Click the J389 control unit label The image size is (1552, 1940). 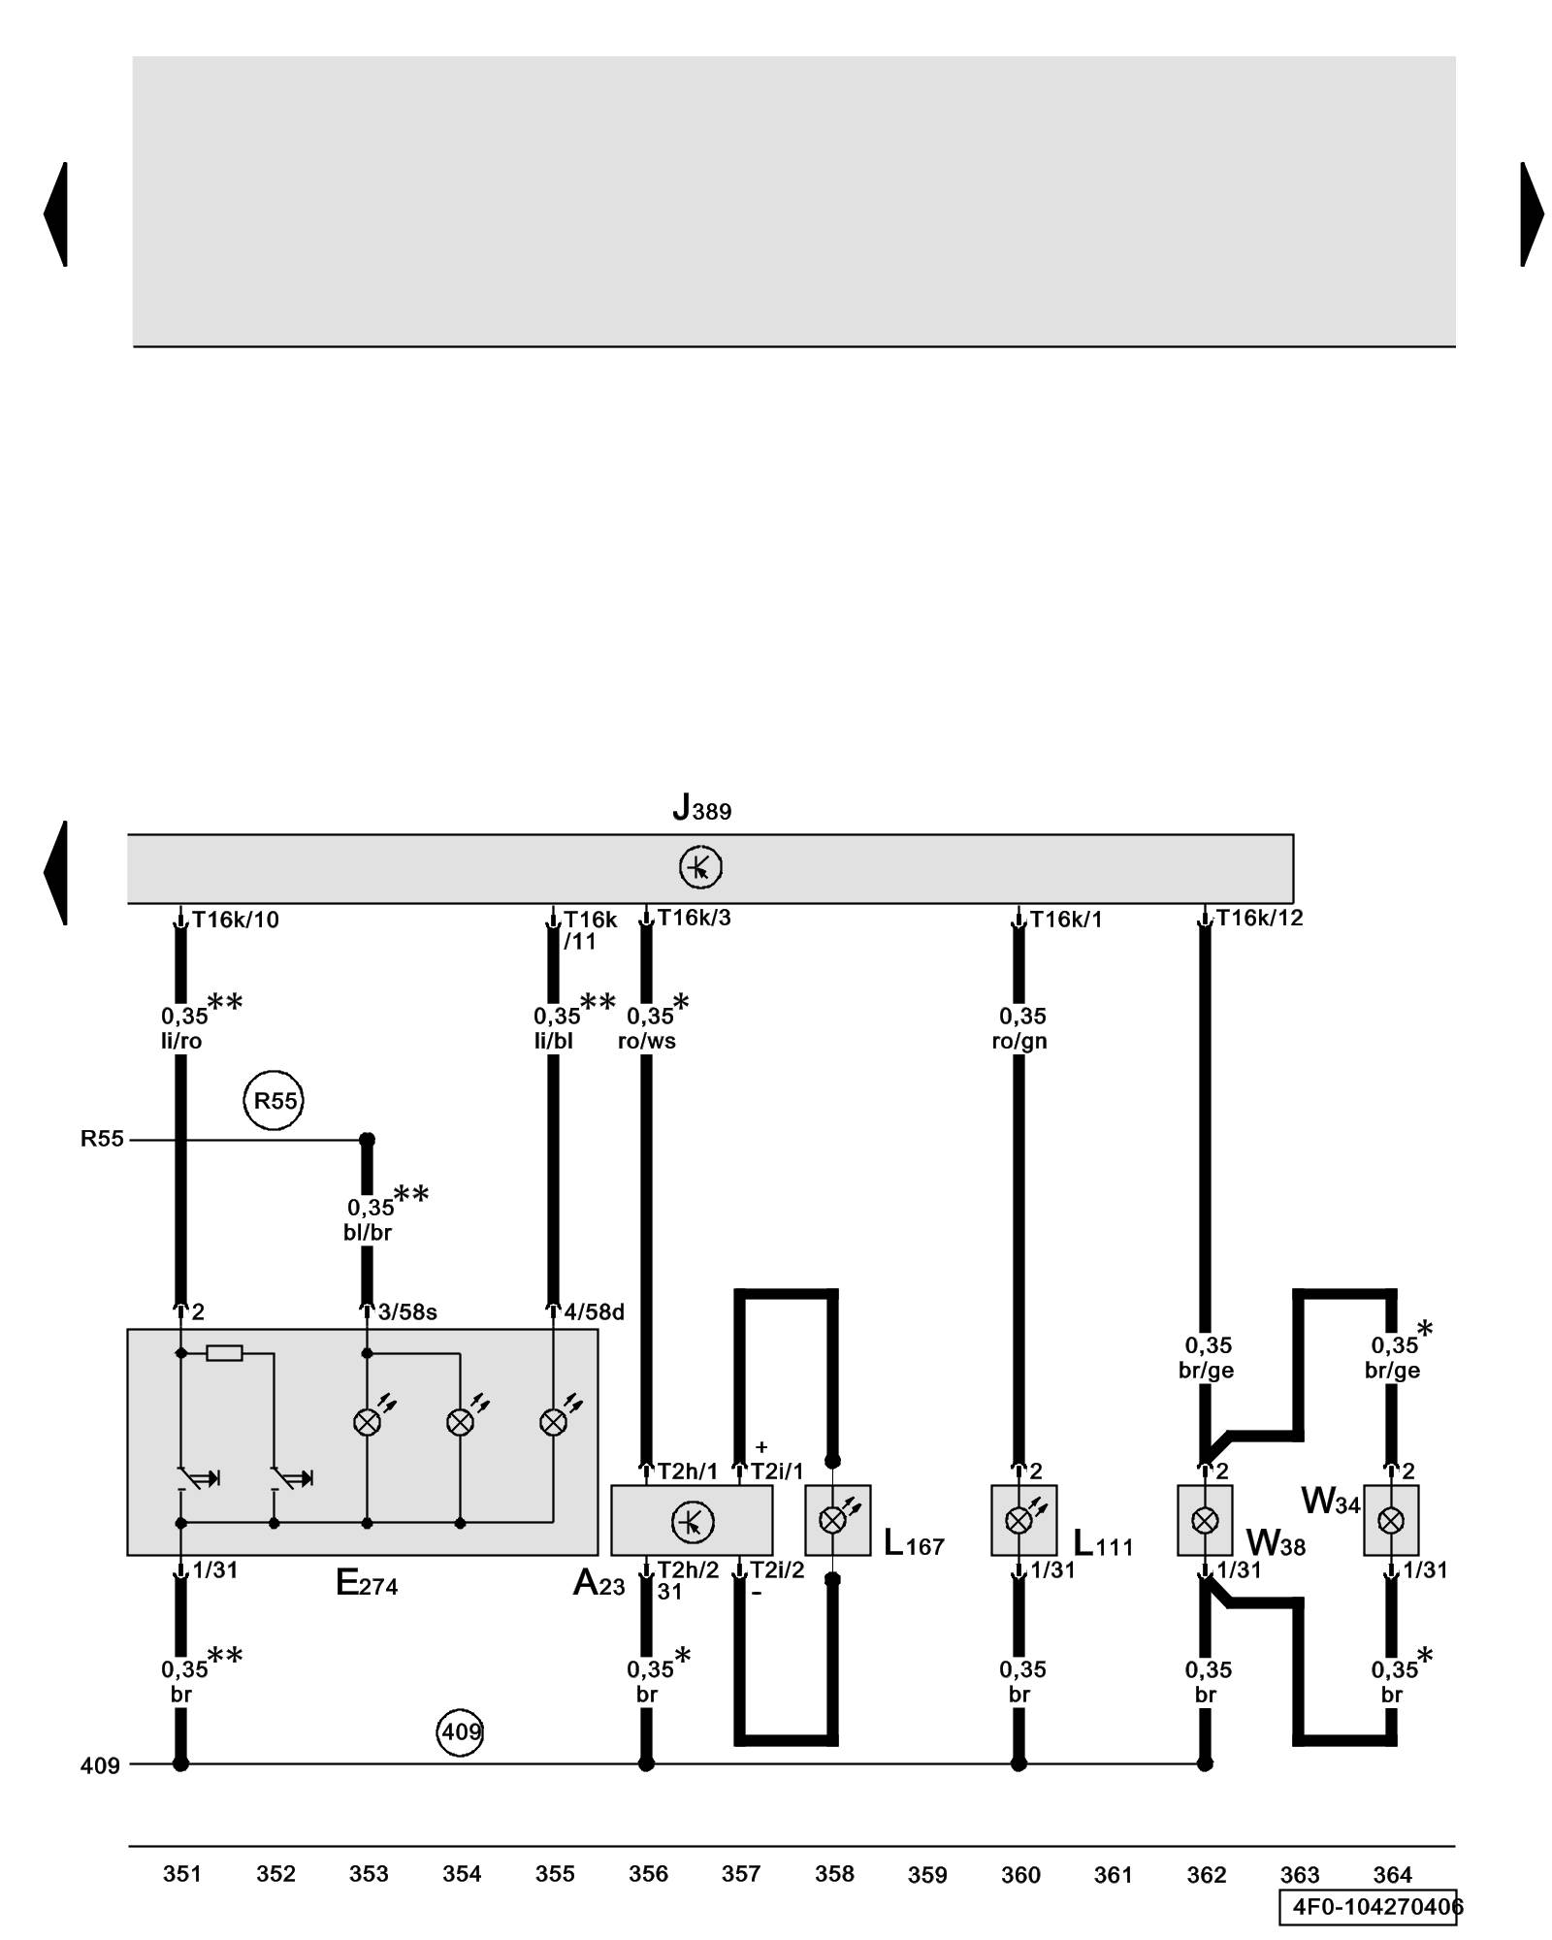pos(701,808)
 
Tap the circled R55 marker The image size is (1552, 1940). pos(274,1100)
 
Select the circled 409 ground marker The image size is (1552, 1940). pos(461,1731)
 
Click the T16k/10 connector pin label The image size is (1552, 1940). pos(235,920)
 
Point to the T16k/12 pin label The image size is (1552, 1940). pos(1259,918)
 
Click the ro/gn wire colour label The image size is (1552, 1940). pos(1019,1042)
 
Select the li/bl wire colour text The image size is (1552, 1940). pos(554,1042)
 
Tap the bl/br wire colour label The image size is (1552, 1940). pos(368,1232)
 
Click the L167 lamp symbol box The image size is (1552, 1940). pos(837,1520)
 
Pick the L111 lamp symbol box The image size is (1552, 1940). pos(1023,1520)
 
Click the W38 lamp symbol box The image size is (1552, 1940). pos(1205,1520)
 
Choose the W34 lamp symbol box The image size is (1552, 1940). pos(1391,1520)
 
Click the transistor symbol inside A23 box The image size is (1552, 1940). pos(693,1522)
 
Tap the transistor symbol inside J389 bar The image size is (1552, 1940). pos(700,867)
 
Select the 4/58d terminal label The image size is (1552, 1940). pos(594,1312)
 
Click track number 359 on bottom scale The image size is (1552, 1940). pos(927,1875)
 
